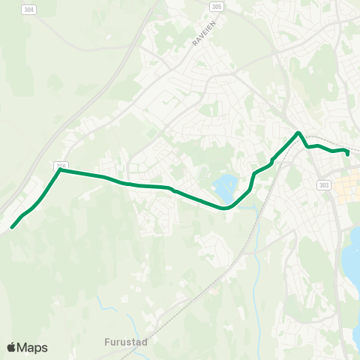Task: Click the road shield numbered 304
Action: (28, 10)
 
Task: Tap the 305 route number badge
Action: (216, 6)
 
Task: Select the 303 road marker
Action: (324, 185)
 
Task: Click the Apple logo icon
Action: (11, 347)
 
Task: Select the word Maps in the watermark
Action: (33, 347)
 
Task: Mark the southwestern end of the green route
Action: (12, 226)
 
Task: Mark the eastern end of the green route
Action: (348, 154)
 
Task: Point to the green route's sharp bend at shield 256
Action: (60, 170)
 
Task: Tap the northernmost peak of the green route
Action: (298, 133)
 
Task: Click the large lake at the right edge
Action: (352, 255)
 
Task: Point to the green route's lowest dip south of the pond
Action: (224, 208)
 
